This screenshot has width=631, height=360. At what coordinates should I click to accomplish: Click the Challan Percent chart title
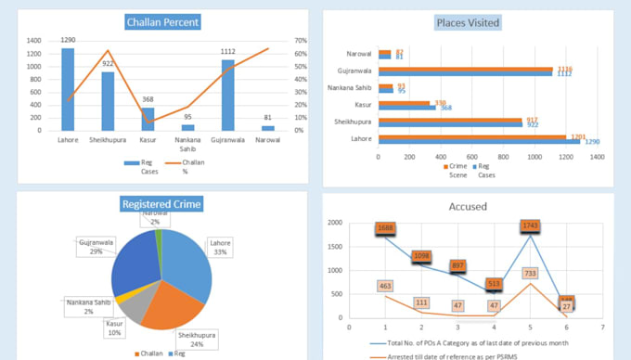click(x=162, y=21)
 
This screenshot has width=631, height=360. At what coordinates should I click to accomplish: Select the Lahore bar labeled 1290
click(x=68, y=89)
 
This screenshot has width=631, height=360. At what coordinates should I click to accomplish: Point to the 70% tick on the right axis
click(x=300, y=41)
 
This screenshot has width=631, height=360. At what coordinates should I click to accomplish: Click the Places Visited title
click(x=468, y=21)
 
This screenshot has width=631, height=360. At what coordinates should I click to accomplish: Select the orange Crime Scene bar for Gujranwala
click(x=465, y=68)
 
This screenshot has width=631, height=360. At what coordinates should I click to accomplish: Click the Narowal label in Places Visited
click(x=358, y=54)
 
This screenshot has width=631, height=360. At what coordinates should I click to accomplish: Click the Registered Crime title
click(x=162, y=204)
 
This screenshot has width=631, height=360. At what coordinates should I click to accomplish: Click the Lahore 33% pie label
click(x=220, y=246)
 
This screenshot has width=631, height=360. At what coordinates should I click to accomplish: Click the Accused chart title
click(x=468, y=208)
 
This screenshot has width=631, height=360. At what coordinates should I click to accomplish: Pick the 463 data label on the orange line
click(x=385, y=288)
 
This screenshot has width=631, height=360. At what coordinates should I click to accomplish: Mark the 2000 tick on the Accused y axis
click(x=334, y=223)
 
